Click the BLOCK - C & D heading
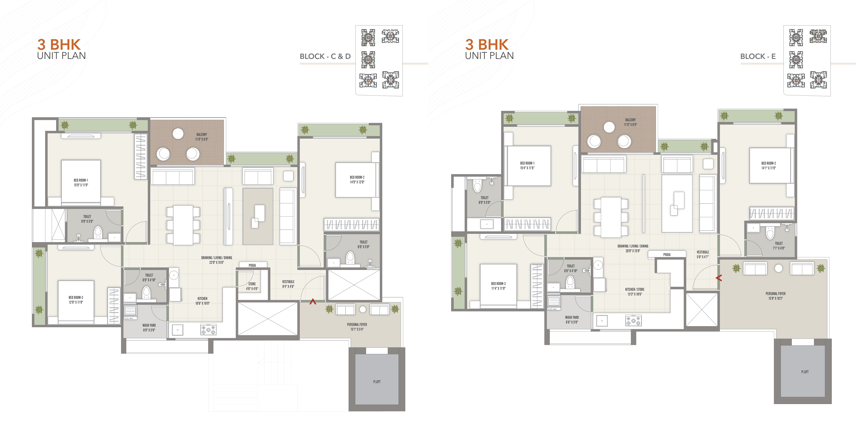[325, 57]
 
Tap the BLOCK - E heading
[758, 57]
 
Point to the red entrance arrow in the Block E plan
[719, 278]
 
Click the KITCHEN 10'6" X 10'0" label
[202, 301]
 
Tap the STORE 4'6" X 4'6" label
[252, 286]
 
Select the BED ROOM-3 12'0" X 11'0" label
[76, 300]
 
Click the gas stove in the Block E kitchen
[633, 321]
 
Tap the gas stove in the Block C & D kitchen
[208, 330]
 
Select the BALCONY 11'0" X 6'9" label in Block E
[630, 122]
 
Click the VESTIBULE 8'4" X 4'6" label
[288, 284]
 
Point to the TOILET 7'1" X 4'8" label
[779, 246]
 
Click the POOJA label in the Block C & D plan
[252, 265]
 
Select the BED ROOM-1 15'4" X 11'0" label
[527, 166]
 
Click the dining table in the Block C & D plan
[183, 225]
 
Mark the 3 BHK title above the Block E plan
[487, 44]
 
